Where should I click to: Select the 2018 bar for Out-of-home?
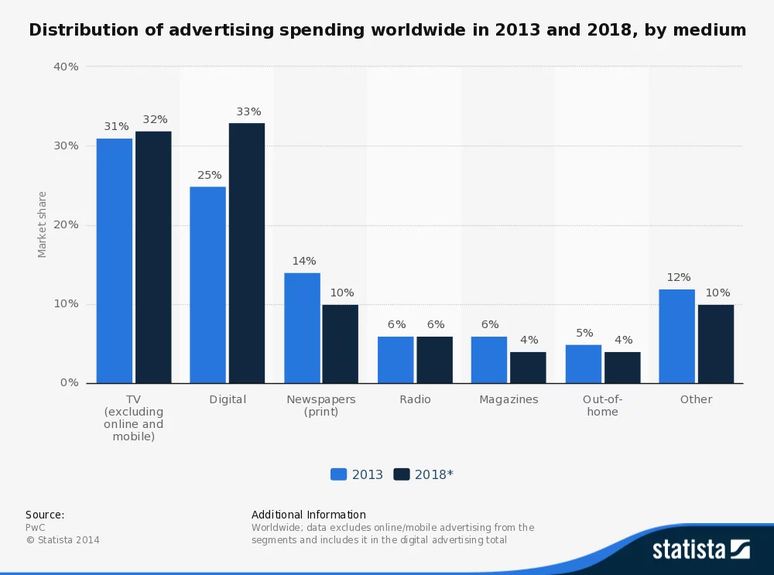[x=622, y=368]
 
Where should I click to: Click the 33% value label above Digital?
[x=248, y=111]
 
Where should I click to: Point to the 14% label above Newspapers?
[x=303, y=261]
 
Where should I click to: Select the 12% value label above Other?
[x=678, y=277]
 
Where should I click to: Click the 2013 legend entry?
[x=357, y=474]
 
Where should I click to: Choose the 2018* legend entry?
[x=423, y=474]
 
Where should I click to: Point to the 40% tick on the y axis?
[x=66, y=67]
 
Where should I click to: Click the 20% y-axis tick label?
[x=66, y=225]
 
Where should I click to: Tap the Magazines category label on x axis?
[x=509, y=399]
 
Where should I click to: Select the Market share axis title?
[x=43, y=224]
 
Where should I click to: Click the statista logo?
[x=700, y=549]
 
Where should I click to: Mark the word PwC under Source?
[x=36, y=527]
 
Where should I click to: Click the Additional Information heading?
[x=309, y=515]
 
